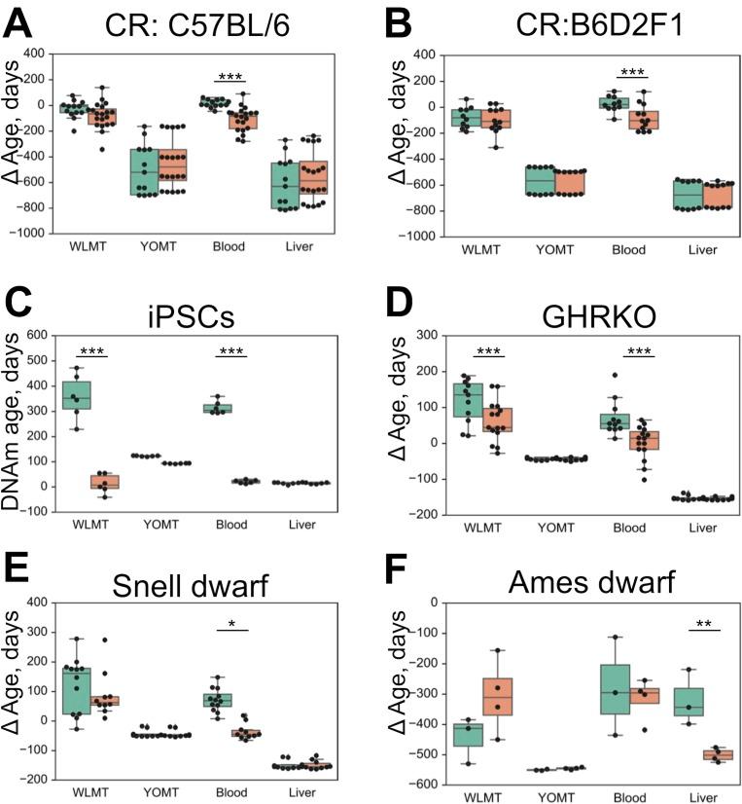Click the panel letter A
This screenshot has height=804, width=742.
[x=19, y=19]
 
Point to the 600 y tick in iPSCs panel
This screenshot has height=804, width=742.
[x=36, y=335]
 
